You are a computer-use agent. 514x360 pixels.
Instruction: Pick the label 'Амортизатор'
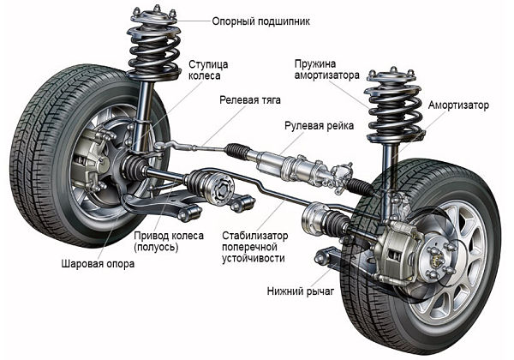(x=458, y=105)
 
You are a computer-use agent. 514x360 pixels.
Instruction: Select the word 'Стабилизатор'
(x=254, y=234)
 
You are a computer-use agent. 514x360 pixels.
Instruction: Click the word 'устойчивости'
(x=254, y=257)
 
